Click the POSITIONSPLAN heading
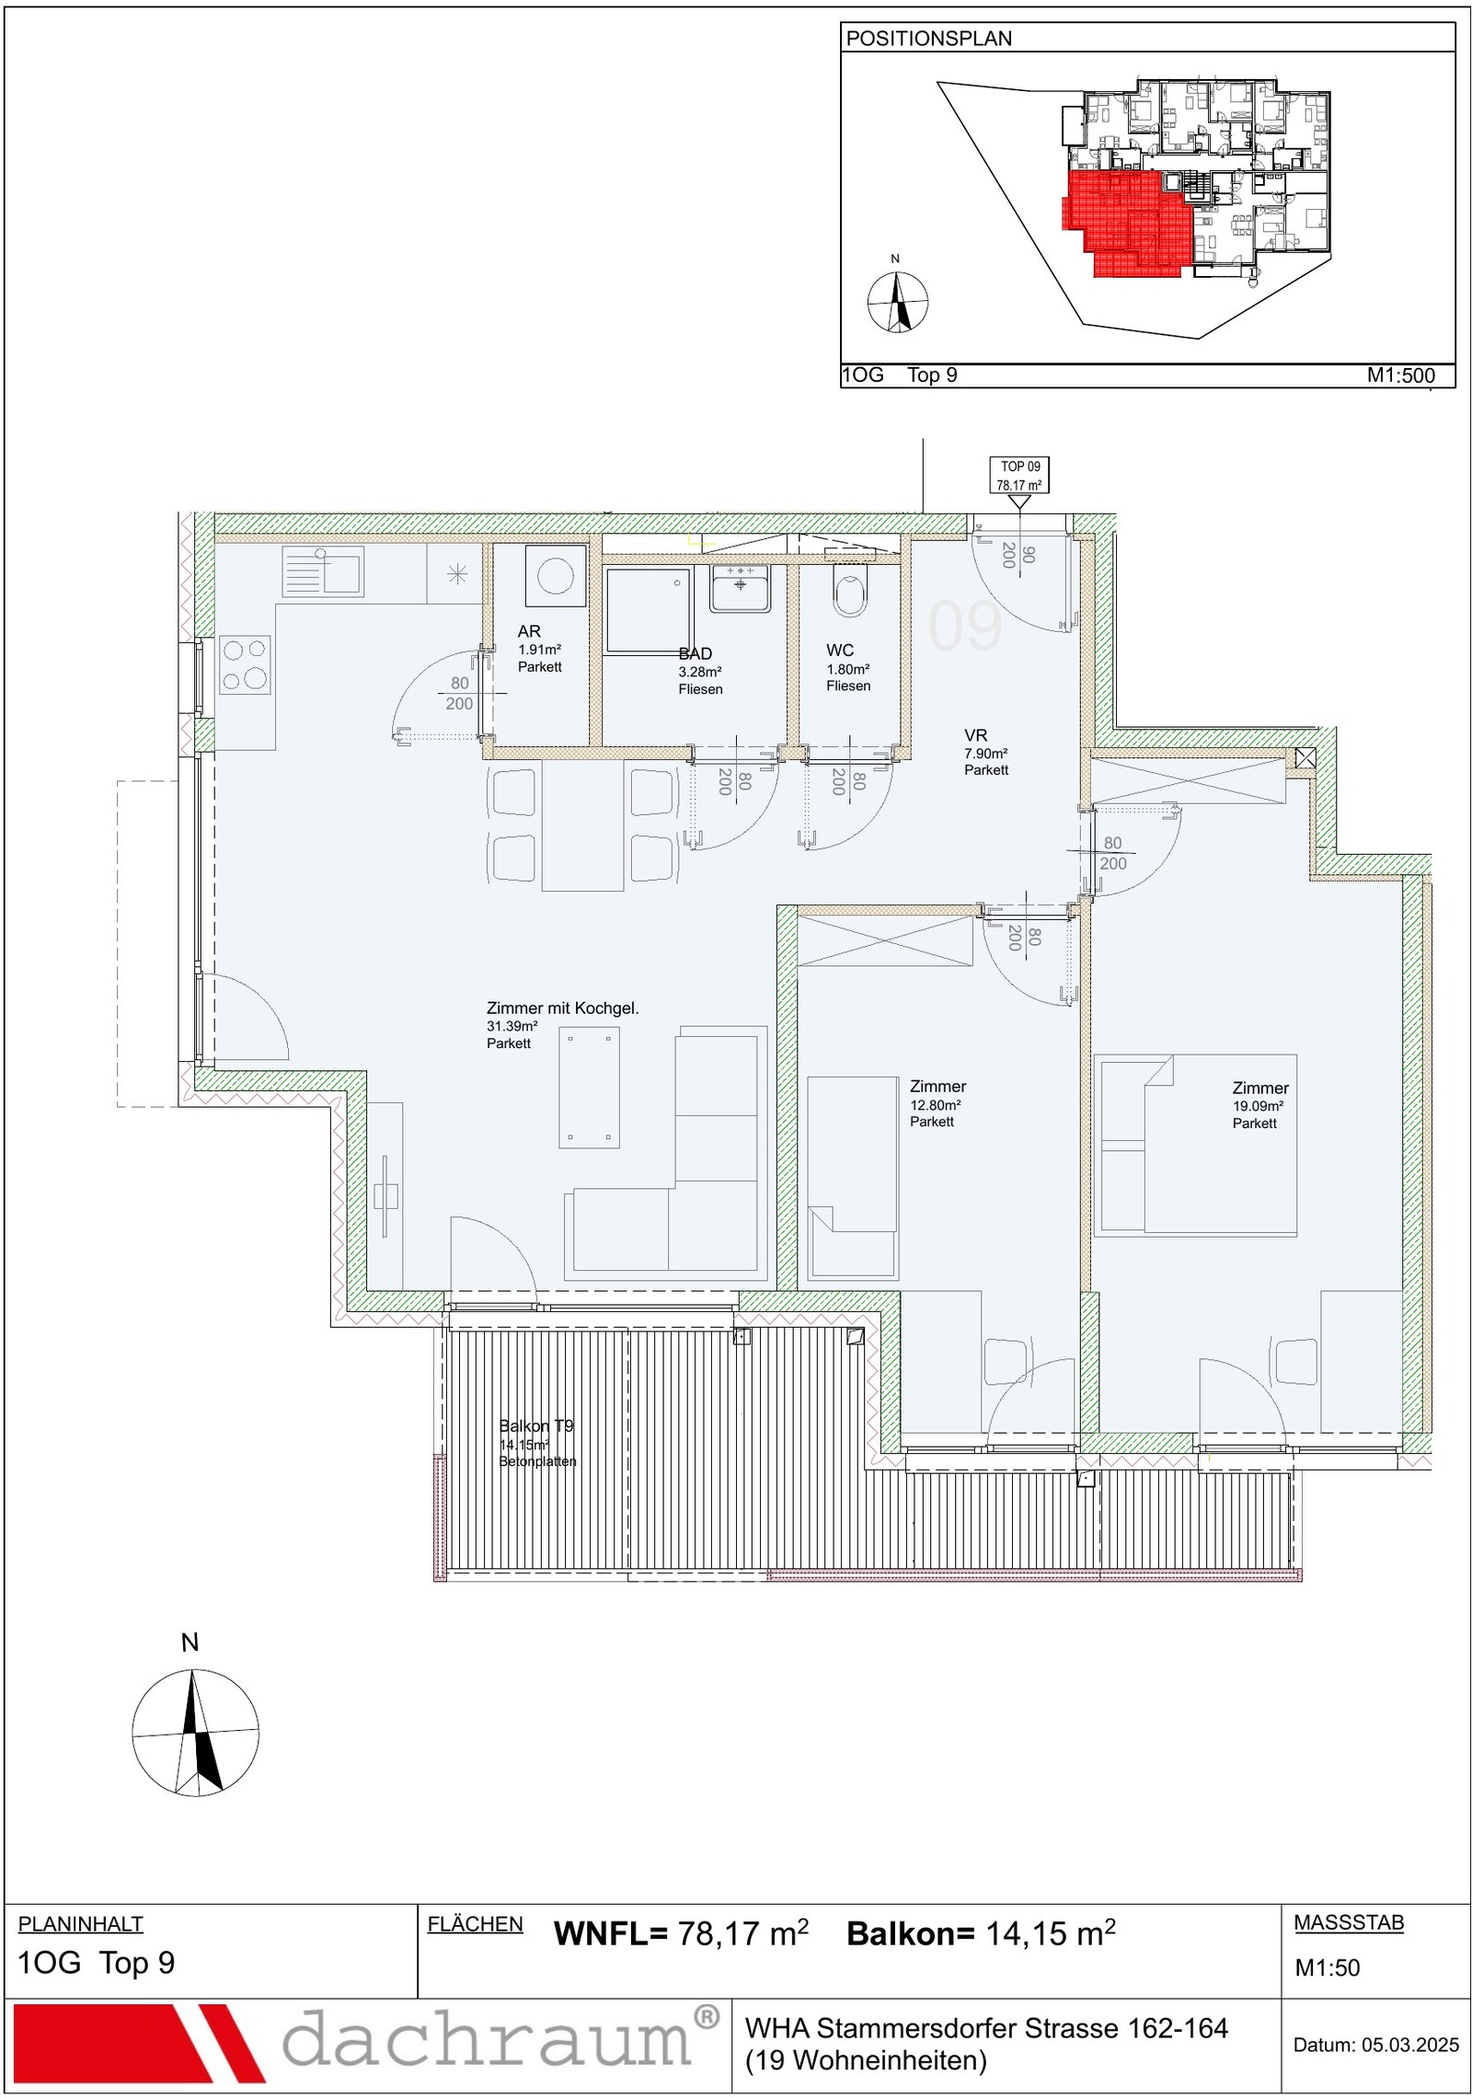click(x=928, y=39)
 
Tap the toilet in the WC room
click(x=850, y=590)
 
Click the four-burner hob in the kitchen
click(x=245, y=664)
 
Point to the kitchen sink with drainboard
click(x=323, y=571)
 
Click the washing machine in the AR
click(x=556, y=576)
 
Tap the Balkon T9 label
click(x=536, y=1425)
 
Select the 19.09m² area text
click(x=1258, y=1106)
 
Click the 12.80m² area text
click(x=936, y=1105)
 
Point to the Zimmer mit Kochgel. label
click(x=562, y=1009)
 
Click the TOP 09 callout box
click(x=1019, y=476)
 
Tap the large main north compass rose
click(x=195, y=1733)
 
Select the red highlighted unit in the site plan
click(x=1127, y=223)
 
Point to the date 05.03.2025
click(x=1410, y=2045)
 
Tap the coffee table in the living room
click(x=589, y=1087)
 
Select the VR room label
click(x=975, y=735)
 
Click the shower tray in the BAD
click(x=648, y=610)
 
